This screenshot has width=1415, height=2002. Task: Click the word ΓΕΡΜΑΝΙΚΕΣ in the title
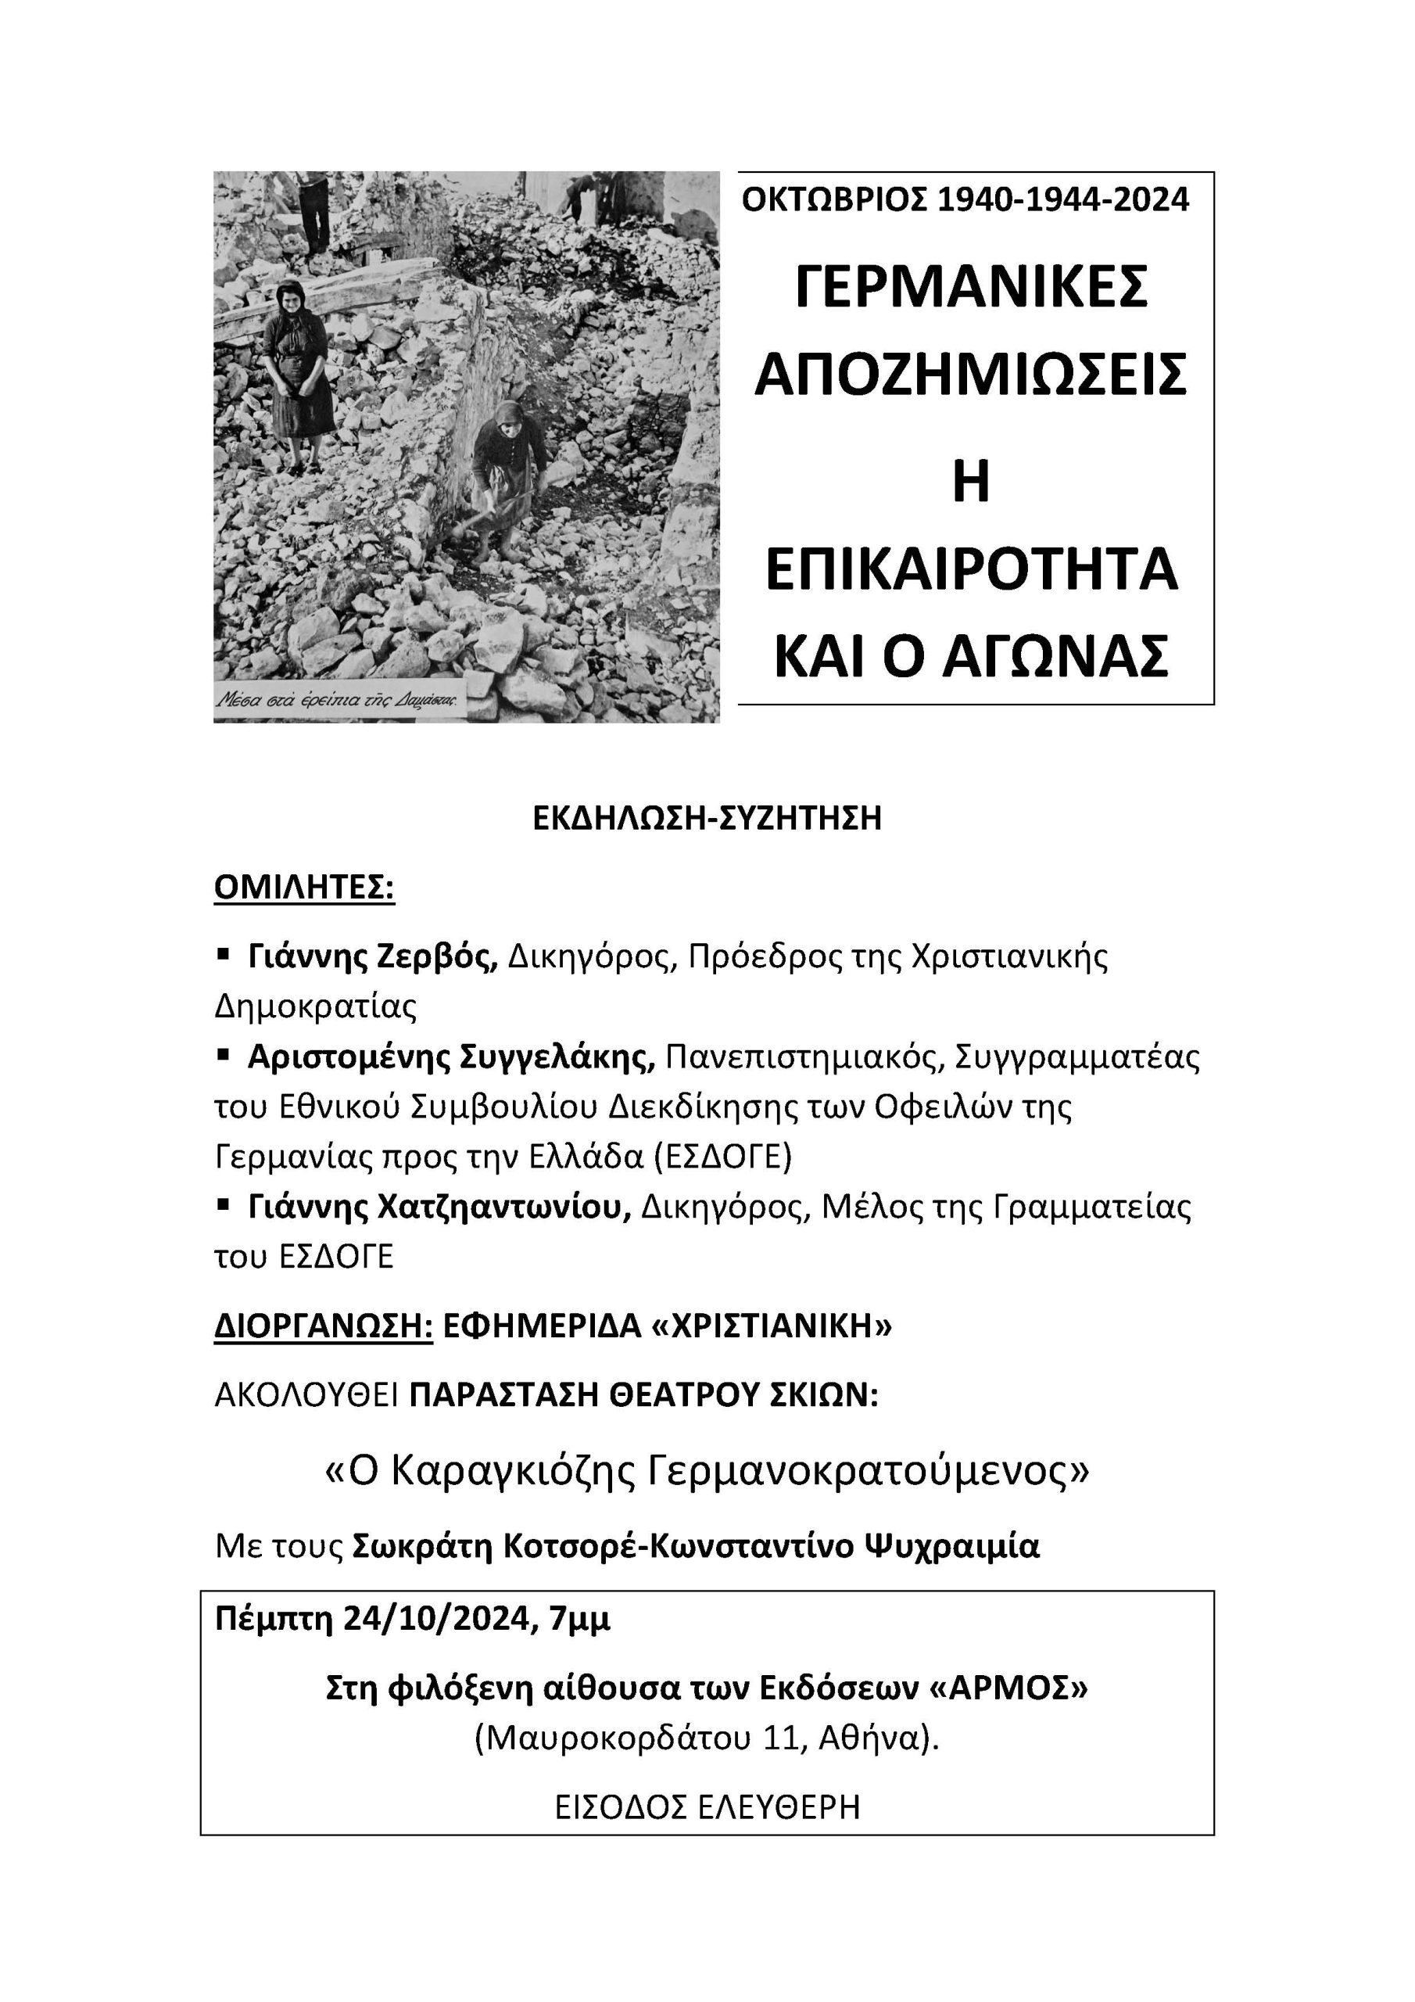971,287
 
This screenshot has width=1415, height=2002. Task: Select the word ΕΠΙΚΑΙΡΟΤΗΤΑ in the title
971,569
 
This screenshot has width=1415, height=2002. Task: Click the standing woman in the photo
301,375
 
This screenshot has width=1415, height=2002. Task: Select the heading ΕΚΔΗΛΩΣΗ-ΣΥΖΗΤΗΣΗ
707,819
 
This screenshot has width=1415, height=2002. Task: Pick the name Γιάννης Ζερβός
372,957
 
